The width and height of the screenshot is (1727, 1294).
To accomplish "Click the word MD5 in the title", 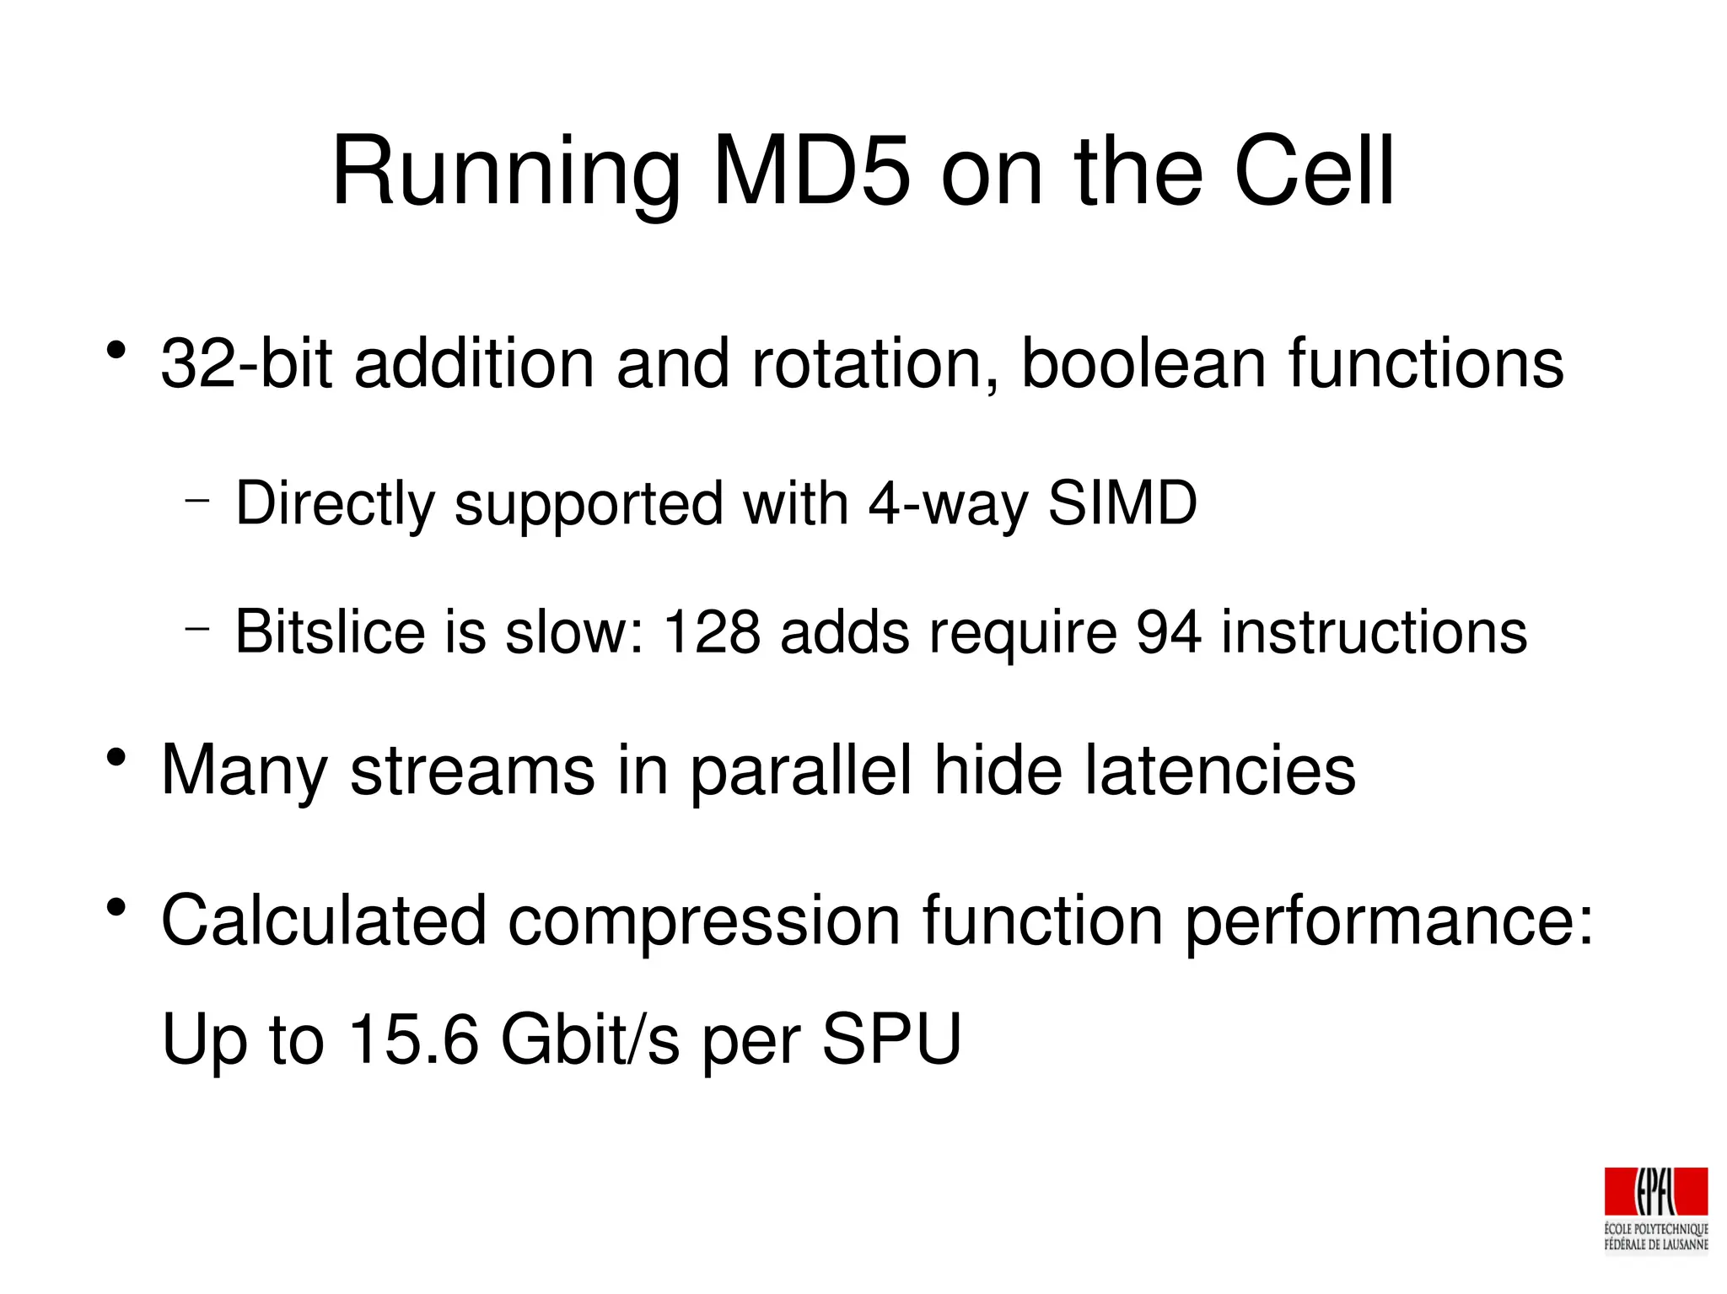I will (x=812, y=173).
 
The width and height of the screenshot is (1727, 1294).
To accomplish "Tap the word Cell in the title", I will (x=1314, y=173).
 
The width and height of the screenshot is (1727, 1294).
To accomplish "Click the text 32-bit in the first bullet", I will (x=246, y=364).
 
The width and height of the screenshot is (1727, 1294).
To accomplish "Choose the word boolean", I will (x=1143, y=364).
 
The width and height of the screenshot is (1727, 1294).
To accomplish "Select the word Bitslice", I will (x=330, y=631).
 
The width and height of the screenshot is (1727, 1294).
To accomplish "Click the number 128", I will (x=712, y=631).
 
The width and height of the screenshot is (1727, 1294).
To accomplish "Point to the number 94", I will (x=1168, y=631).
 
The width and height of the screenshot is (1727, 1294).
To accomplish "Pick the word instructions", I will (x=1374, y=631).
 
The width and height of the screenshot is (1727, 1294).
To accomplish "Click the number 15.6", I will (x=413, y=1039).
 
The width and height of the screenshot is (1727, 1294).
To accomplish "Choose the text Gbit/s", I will (x=589, y=1039).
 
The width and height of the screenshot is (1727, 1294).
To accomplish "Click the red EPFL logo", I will (x=1655, y=1192).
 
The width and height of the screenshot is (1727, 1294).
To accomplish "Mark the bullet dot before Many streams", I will (x=116, y=758).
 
